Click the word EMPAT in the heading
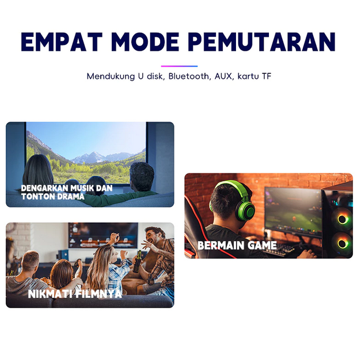click(x=62, y=41)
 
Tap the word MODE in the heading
click(x=145, y=41)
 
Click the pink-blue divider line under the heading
click(x=179, y=66)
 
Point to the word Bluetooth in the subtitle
click(x=188, y=76)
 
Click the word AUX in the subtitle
click(x=223, y=76)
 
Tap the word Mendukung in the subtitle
click(x=111, y=77)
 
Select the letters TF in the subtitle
click(x=267, y=76)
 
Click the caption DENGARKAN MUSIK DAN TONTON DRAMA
click(x=67, y=192)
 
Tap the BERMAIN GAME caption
click(x=237, y=245)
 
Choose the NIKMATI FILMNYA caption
click(x=75, y=294)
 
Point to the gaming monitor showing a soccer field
click(x=293, y=211)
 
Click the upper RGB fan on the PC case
click(x=343, y=219)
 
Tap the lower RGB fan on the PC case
click(x=343, y=243)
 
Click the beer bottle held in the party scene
click(x=138, y=262)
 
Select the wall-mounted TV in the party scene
click(x=103, y=236)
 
